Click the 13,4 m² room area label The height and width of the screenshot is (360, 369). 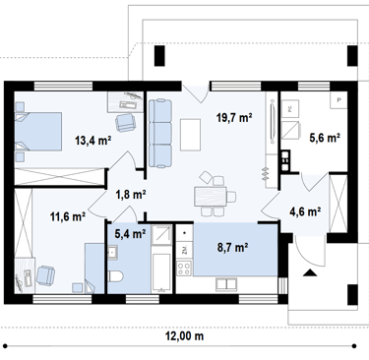pos(93,141)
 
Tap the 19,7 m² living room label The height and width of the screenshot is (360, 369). pos(234,117)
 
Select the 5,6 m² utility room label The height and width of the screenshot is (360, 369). pos(325,138)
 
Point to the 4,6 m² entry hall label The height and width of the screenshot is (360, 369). pos(305,211)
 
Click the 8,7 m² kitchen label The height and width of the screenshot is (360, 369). pos(232,248)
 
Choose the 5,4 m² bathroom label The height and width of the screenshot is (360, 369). pos(130,234)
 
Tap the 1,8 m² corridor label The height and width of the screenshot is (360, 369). pos(130,195)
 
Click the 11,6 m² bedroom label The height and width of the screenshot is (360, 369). pos(68,216)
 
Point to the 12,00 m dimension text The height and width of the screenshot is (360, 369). pos(186,336)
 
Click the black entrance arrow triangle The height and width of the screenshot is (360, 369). pos(309,272)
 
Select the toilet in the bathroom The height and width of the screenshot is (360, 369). pos(115,276)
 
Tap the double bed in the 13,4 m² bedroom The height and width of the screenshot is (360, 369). pos(38,132)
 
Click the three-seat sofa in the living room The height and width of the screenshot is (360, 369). pos(160,133)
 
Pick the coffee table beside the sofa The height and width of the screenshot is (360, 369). pos(190,135)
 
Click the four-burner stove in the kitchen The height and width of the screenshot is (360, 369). pos(184,269)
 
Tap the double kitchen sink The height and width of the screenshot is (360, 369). pos(226,284)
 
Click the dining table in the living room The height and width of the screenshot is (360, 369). pos(211,196)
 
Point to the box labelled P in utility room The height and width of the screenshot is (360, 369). pos(338,99)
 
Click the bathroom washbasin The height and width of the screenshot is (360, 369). pos(112,253)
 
